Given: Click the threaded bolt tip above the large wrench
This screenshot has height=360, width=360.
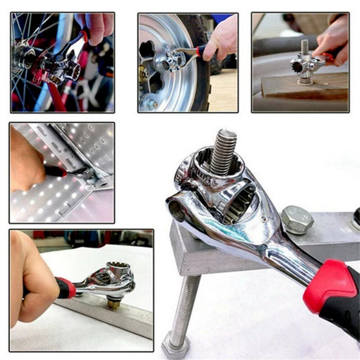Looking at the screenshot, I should coord(223,150).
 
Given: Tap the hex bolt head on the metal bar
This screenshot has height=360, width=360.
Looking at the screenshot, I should coord(296,219).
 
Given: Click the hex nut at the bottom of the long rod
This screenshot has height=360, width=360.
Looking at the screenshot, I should coord(176,345).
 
